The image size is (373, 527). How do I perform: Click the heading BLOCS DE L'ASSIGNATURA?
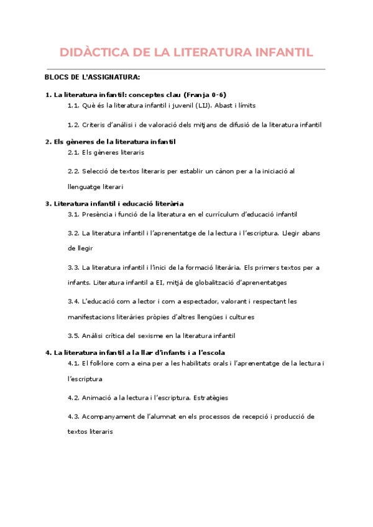click(x=93, y=77)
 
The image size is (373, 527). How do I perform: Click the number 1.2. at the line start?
click(x=73, y=124)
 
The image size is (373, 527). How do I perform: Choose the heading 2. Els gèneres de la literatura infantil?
click(x=110, y=142)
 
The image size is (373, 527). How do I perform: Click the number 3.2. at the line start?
click(x=73, y=233)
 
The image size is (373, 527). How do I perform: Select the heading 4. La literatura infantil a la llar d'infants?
click(x=135, y=352)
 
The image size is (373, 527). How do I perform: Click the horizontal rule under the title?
click(x=186, y=69)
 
